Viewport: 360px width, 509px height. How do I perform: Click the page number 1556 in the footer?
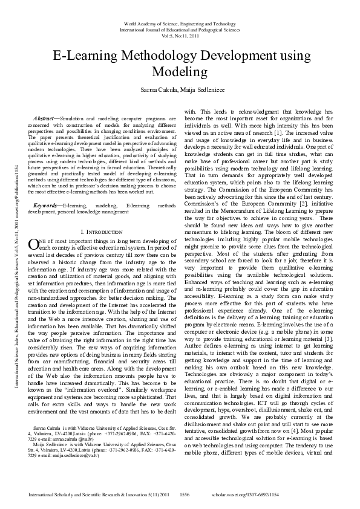pyautogui.click(x=185, y=493)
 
